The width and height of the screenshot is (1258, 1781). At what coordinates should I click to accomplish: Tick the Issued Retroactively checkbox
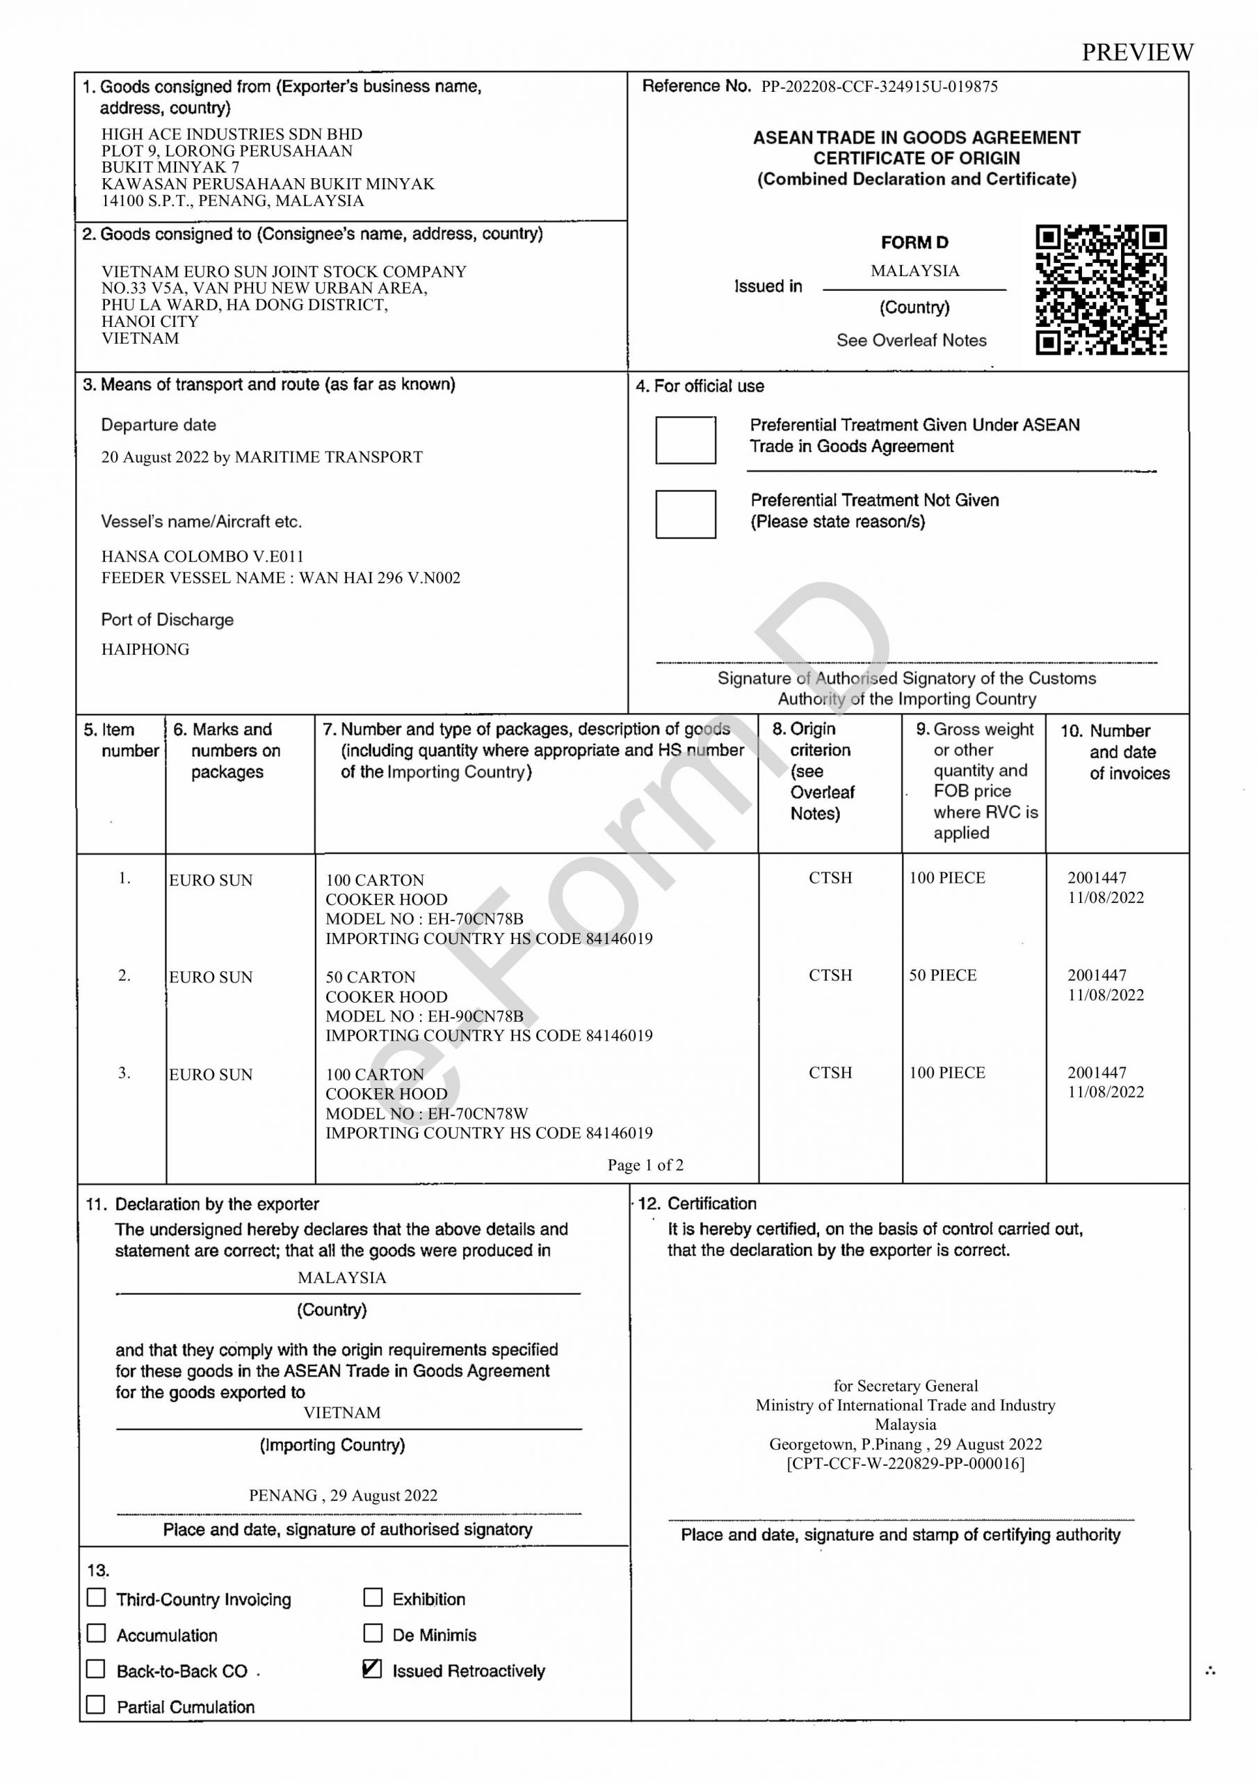[372, 1668]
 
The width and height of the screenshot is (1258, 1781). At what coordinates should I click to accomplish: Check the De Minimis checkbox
[373, 1633]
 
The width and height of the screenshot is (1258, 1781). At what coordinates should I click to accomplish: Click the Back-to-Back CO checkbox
[96, 1668]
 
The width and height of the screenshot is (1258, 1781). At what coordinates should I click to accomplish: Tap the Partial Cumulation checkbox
[96, 1704]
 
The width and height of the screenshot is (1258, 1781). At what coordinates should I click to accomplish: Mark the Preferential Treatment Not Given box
[685, 513]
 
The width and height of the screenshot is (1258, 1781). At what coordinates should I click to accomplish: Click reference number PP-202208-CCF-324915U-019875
[879, 87]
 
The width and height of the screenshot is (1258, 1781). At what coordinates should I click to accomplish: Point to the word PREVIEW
[1137, 52]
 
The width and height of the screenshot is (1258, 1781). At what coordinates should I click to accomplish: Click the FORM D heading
[914, 243]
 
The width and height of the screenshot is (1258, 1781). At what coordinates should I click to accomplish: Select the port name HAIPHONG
[145, 649]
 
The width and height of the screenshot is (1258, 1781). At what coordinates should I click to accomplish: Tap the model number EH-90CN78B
[476, 1016]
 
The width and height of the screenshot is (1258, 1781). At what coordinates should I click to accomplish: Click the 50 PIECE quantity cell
[942, 975]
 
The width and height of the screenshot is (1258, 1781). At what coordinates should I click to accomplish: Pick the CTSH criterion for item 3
[830, 1073]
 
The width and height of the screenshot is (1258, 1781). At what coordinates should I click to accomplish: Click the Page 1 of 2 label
[645, 1165]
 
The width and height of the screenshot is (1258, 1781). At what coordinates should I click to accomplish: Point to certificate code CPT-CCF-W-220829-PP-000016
[905, 1463]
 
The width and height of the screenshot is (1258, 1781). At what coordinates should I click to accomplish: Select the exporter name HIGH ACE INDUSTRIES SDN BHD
[231, 134]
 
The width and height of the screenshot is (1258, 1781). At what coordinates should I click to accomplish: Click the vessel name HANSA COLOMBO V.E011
[202, 556]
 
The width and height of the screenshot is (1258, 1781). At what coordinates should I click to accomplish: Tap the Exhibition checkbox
[373, 1597]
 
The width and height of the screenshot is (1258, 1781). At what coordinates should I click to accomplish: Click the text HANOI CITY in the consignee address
[150, 321]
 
